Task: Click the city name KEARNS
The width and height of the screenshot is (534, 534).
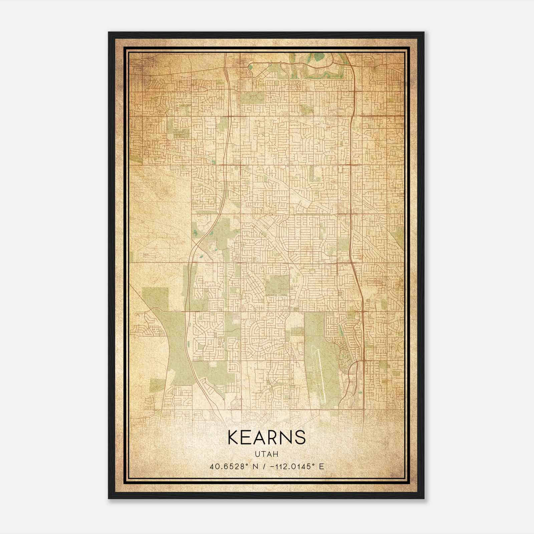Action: click(x=266, y=437)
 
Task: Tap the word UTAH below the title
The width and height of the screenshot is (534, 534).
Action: click(x=266, y=454)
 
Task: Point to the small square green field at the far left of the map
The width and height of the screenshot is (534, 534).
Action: click(x=155, y=298)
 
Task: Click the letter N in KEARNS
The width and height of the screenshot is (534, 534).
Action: click(x=287, y=437)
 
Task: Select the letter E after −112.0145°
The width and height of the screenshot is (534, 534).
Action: click(x=321, y=467)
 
